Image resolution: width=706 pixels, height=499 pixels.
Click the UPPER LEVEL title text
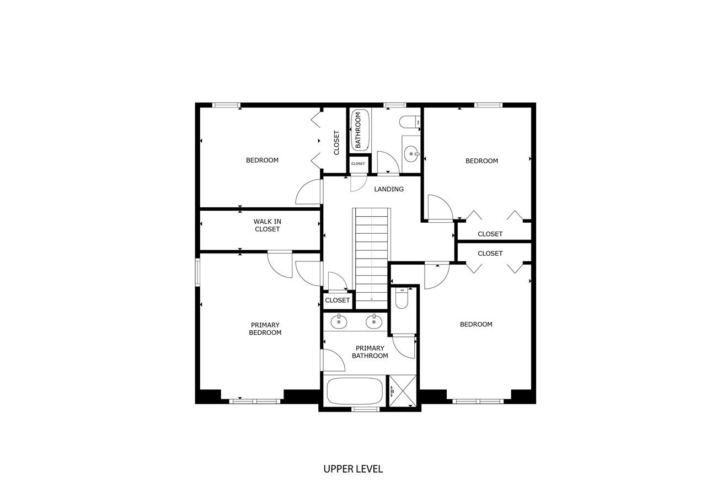[x=353, y=469]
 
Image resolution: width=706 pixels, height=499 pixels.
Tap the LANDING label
[x=389, y=189]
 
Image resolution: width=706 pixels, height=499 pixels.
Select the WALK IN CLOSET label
[x=268, y=226]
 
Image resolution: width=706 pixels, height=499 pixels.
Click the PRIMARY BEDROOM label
[x=265, y=329]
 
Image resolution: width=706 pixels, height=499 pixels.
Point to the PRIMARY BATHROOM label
[x=370, y=352]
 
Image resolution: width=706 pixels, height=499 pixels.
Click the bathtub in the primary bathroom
[x=355, y=391]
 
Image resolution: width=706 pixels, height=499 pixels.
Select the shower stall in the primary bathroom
[x=403, y=391]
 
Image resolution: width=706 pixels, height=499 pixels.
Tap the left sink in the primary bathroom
[x=339, y=321]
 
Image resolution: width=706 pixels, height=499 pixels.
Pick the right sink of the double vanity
[x=374, y=321]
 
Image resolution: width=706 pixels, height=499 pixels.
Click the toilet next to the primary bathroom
[x=402, y=298]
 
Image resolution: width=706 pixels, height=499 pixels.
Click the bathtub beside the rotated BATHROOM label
[x=360, y=130]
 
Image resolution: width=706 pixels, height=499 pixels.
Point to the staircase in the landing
[x=372, y=255]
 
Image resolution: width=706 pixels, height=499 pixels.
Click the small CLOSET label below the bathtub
[x=358, y=164]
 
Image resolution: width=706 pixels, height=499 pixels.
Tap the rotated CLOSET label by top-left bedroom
[x=336, y=142]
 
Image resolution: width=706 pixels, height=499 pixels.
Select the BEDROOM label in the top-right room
[x=482, y=161]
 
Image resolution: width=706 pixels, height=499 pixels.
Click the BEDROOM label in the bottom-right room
[x=476, y=324]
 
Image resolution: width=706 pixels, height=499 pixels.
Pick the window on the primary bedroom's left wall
[x=197, y=272]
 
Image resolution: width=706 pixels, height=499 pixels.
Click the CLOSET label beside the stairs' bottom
[x=338, y=301]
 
